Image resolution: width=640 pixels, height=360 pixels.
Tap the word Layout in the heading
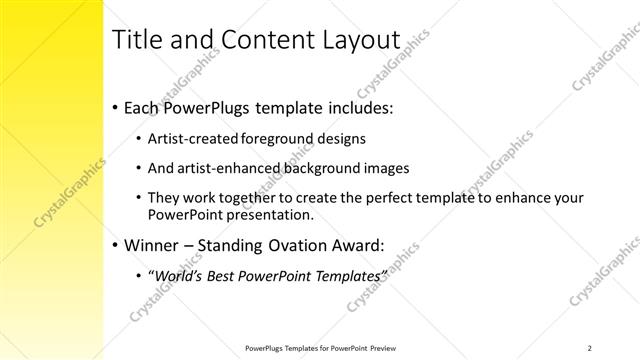pyautogui.click(x=356, y=40)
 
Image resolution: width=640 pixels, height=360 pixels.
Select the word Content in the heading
pyautogui.click(x=259, y=39)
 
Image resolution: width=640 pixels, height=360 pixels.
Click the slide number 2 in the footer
pyautogui.click(x=590, y=347)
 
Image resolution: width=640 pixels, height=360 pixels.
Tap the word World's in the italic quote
pyautogui.click(x=174, y=273)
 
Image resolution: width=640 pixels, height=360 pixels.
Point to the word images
pyautogui.click(x=383, y=168)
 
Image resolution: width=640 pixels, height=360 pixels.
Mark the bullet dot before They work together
pyautogui.click(x=137, y=198)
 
